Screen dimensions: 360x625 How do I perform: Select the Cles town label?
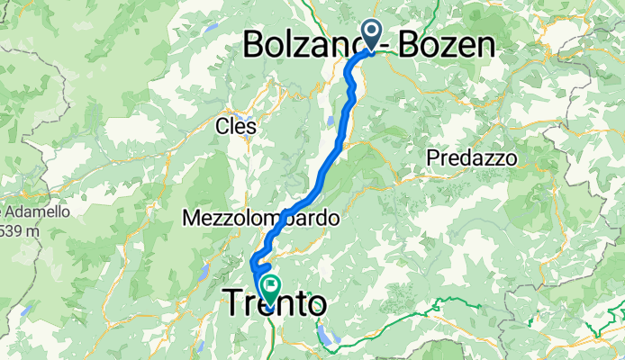pyautogui.click(x=236, y=127)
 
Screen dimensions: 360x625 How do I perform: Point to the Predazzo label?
pyautogui.click(x=471, y=157)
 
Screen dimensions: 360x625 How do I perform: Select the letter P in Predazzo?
pyautogui.click(x=431, y=157)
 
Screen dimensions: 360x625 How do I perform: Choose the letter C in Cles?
pyautogui.click(x=222, y=127)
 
